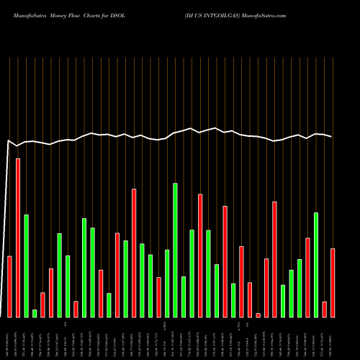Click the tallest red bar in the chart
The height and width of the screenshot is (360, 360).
(x=18, y=238)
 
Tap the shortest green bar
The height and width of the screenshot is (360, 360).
(x=35, y=313)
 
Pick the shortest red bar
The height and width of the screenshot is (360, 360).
(x=258, y=315)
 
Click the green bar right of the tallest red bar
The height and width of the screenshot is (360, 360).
(x=27, y=266)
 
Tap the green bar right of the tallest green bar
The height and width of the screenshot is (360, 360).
(x=184, y=297)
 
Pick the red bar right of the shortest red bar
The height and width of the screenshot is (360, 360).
(x=266, y=287)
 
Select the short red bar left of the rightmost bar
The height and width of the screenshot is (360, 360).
(x=324, y=309)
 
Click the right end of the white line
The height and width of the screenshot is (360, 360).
(x=332, y=137)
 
